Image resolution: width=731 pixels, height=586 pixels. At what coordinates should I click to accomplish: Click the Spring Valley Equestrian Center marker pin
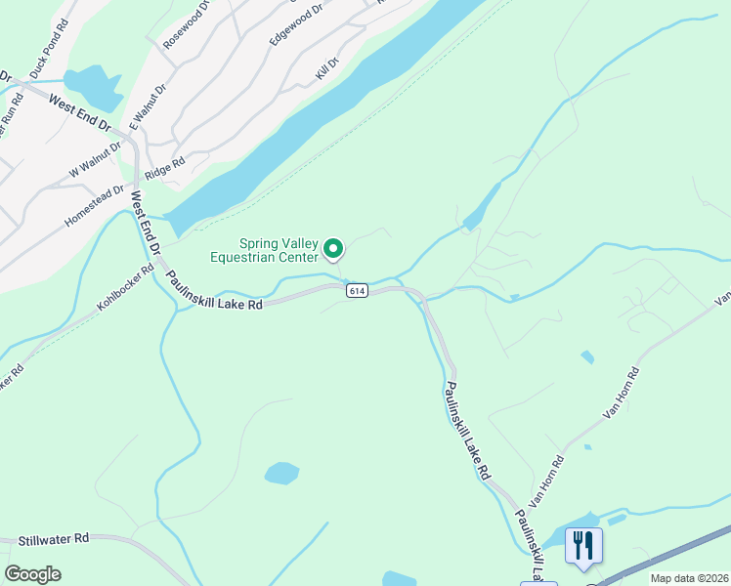[x=333, y=250]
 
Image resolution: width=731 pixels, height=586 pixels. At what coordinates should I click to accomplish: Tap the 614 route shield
[x=356, y=291]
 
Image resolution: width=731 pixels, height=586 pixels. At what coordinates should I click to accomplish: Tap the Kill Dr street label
[x=325, y=68]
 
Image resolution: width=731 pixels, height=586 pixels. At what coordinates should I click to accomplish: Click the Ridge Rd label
[x=164, y=170]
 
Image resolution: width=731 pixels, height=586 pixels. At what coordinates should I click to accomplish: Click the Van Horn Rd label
[x=622, y=393]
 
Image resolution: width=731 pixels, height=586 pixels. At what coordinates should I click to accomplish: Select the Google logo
[x=32, y=574]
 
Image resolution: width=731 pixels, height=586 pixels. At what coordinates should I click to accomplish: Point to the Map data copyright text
[x=689, y=578]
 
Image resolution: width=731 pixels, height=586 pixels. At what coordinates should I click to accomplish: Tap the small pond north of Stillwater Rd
[x=281, y=474]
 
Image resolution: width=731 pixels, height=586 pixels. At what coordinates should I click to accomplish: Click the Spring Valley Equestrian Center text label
[x=265, y=250]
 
